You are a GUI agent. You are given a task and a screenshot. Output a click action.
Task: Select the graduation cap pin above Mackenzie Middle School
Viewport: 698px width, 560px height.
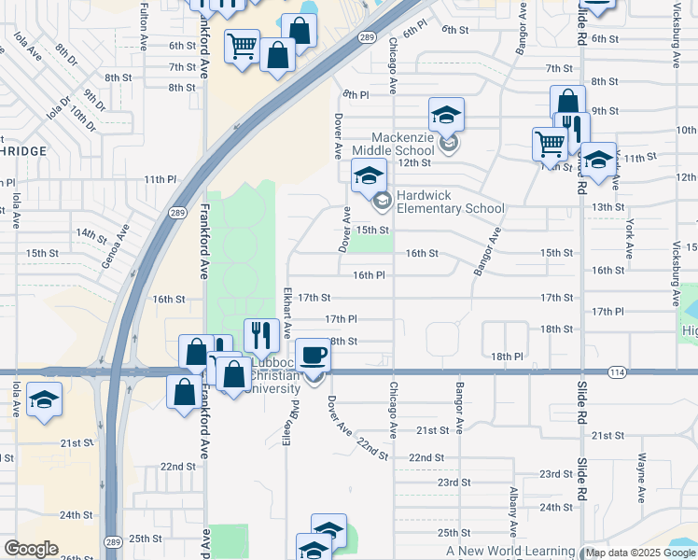click(x=446, y=115)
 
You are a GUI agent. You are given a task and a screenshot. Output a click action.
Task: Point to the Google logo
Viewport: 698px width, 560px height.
click(x=31, y=548)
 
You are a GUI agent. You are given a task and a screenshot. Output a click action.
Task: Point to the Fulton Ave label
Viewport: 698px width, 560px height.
click(x=144, y=27)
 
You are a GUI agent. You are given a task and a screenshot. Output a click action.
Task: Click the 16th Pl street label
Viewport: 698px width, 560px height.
click(x=370, y=275)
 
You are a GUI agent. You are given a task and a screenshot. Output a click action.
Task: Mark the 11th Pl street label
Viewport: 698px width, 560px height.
click(x=160, y=179)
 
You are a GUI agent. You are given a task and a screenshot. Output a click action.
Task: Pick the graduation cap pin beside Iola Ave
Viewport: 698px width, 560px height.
click(x=43, y=400)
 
